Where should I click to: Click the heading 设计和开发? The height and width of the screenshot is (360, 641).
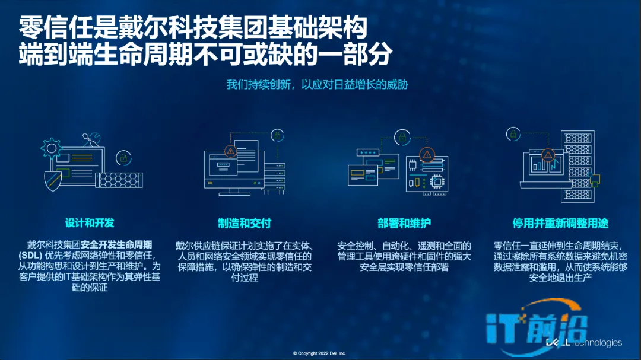(x=90, y=223)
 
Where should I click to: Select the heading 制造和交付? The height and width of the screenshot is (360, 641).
(x=245, y=223)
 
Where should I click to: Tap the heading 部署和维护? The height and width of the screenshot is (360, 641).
(x=404, y=223)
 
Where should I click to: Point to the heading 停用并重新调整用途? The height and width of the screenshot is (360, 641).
(x=560, y=223)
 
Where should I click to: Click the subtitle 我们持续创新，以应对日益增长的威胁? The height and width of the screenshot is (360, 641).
(x=317, y=85)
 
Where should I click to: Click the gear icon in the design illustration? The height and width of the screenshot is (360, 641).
(x=51, y=148)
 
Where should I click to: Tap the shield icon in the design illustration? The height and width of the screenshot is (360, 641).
(x=53, y=180)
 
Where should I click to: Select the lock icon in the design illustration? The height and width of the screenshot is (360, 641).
(x=123, y=158)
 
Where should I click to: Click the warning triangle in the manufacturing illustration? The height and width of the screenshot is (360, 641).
(x=230, y=151)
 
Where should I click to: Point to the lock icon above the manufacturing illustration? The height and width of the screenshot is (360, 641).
(x=278, y=135)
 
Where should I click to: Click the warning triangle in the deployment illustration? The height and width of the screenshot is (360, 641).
(x=427, y=155)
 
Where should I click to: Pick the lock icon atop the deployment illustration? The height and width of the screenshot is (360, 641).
(x=402, y=137)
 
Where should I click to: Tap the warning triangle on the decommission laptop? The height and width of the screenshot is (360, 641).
(x=548, y=155)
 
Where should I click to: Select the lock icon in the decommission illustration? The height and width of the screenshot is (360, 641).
(x=513, y=133)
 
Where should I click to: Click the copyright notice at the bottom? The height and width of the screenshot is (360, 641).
(x=319, y=353)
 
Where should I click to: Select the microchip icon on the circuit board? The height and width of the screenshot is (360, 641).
(x=437, y=181)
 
